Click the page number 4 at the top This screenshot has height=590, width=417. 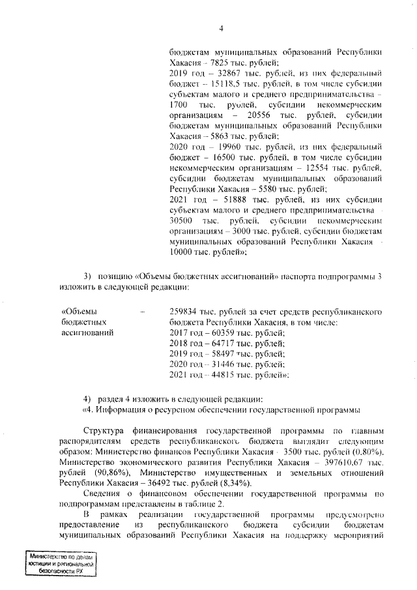click(221, 27)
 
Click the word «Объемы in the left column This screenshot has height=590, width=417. click(78, 312)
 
